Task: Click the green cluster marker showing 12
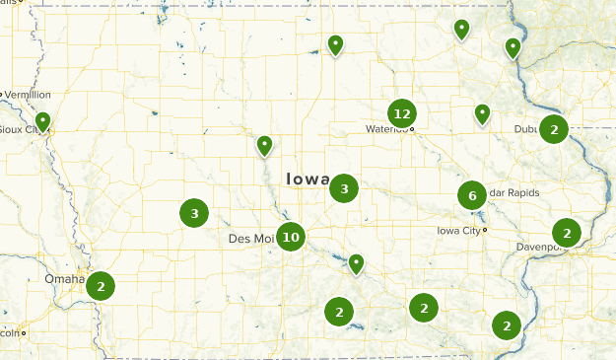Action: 400,114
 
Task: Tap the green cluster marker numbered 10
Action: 290,236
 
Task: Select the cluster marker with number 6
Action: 472,195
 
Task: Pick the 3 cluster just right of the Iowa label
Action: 344,187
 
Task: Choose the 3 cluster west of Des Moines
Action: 194,212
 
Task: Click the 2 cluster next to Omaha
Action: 100,286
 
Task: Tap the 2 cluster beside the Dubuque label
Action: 555,128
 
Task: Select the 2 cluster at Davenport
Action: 567,233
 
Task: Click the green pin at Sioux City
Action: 42,122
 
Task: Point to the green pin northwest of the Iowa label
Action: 264,147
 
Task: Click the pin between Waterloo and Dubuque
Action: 482,114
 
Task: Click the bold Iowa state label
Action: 308,179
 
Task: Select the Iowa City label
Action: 458,230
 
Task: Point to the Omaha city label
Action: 64,279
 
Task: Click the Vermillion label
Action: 28,95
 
